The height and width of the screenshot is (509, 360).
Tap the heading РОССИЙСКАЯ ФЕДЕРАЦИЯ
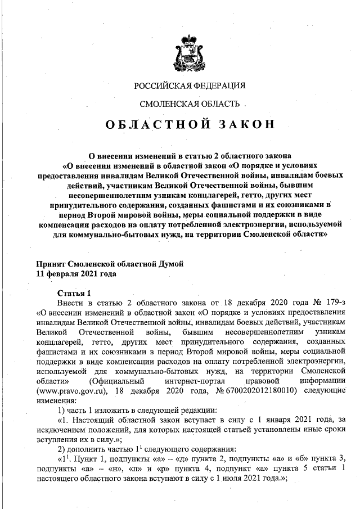click(x=190, y=86)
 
